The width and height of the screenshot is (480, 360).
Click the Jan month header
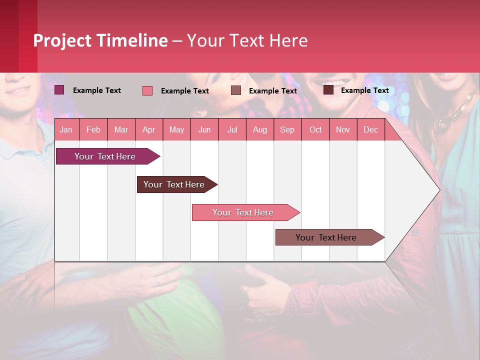pyautogui.click(x=66, y=129)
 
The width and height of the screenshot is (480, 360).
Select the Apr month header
pyautogui.click(x=148, y=129)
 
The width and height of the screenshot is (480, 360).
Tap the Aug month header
pyautogui.click(x=259, y=129)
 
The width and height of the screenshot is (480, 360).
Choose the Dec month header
pyautogui.click(x=370, y=129)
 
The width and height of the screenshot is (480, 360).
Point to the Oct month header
pyautogui.click(x=315, y=129)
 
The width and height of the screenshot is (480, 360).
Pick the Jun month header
pyautogui.click(x=204, y=129)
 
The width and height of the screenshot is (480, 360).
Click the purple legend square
pyautogui.click(x=59, y=90)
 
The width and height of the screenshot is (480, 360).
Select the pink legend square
pyautogui.click(x=147, y=90)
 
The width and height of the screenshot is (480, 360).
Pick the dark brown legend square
pyautogui.click(x=328, y=90)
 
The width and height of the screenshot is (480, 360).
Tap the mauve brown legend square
pyautogui.click(x=235, y=90)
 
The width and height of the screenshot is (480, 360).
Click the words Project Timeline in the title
pyautogui.click(x=100, y=40)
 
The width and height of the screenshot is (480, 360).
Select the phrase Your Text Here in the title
pyautogui.click(x=247, y=40)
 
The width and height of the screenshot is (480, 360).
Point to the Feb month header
pyautogui.click(x=93, y=129)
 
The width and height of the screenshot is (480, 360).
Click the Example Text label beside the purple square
pyautogui.click(x=96, y=90)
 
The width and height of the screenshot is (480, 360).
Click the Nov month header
pyautogui.click(x=342, y=129)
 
